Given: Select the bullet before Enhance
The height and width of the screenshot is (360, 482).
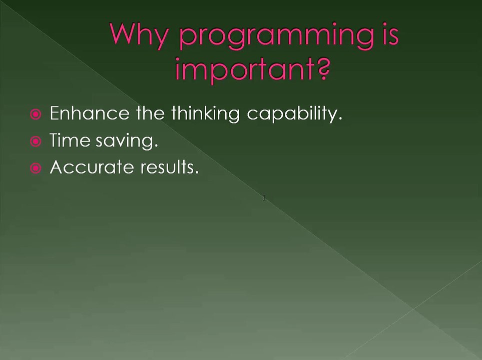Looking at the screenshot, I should tap(35, 115).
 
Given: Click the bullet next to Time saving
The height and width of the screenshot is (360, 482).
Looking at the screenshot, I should tap(35, 142).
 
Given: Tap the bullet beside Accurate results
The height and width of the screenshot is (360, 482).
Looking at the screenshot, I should tap(35, 168).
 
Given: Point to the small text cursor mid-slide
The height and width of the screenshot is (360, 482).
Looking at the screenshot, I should tap(264, 198).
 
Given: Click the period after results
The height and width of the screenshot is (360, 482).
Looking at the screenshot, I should tap(197, 172).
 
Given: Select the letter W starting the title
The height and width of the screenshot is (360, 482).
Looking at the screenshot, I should tap(125, 34).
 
